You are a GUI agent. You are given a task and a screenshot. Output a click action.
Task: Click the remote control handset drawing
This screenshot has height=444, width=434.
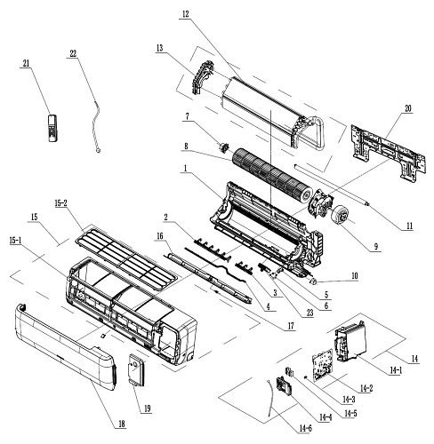52,128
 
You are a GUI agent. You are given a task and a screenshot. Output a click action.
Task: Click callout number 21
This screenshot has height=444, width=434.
26,63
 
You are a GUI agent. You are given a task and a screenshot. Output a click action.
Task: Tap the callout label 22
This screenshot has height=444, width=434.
73,53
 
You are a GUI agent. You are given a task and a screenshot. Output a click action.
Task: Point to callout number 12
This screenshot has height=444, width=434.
185,14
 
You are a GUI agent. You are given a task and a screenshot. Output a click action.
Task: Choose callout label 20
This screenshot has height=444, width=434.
408,108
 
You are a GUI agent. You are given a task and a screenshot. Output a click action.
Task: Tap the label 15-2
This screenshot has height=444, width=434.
61,203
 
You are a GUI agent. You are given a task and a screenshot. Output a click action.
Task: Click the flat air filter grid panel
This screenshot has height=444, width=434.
125,257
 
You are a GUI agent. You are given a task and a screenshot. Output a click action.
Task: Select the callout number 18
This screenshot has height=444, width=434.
122,424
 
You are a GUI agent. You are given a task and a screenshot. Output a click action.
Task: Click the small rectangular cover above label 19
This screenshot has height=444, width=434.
136,370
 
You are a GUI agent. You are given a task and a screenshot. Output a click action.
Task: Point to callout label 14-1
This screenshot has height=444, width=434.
396,369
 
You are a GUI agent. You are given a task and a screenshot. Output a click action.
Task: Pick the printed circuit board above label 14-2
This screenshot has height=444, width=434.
322,365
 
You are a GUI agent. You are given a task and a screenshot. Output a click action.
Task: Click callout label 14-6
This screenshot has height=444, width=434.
305,428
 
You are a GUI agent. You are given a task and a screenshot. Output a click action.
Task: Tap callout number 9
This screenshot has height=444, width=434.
376,246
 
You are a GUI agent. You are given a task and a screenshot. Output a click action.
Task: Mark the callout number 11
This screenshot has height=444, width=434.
409,226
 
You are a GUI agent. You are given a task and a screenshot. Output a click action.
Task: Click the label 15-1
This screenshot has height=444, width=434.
15,241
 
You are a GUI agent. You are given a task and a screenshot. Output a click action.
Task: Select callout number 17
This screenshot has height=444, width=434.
291,326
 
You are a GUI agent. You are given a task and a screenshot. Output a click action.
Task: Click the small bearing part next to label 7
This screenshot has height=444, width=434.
223,147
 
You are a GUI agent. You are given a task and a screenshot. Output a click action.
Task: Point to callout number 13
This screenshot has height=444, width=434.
160,48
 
